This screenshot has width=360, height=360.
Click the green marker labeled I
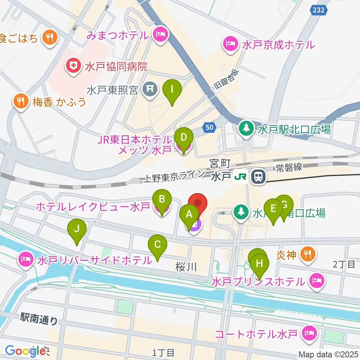tap(172, 90)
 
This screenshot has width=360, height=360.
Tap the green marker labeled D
tap(183, 138)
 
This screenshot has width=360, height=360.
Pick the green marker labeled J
tap(77, 229)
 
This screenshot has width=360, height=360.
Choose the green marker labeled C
tap(157, 245)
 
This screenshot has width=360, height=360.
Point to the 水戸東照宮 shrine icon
tap(150, 89)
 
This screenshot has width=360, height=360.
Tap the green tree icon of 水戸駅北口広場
tap(246, 129)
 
